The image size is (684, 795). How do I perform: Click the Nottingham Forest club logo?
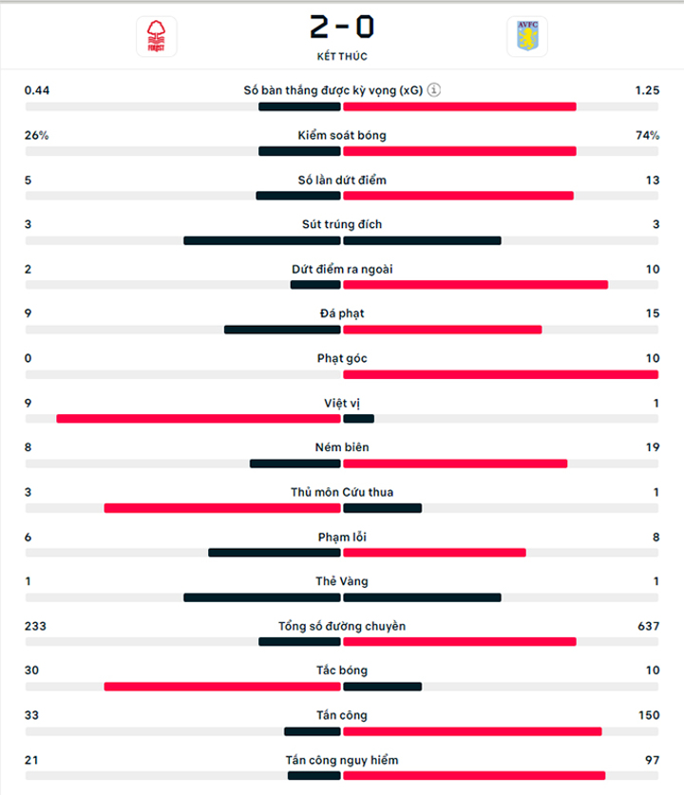tap(156, 36)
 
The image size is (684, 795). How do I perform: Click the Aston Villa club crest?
tap(527, 36)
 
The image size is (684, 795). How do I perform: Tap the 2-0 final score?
tap(342, 27)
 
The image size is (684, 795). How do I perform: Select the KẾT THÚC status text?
tap(342, 56)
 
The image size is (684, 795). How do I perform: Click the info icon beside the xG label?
tap(433, 89)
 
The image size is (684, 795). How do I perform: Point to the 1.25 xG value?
tap(648, 90)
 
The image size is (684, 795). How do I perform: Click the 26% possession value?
tap(36, 136)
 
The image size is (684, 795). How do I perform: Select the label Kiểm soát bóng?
tap(342, 136)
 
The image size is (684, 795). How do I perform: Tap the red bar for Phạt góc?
tap(501, 374)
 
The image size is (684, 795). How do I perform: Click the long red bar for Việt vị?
tap(199, 419)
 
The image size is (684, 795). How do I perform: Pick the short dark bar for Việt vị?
tap(358, 419)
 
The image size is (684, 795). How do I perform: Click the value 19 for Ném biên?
tap(653, 447)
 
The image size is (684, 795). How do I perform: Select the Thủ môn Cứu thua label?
tap(342, 492)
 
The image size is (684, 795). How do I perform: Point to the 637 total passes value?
tap(649, 626)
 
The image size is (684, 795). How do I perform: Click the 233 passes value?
tap(35, 626)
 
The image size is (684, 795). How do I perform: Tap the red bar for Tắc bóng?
tap(222, 687)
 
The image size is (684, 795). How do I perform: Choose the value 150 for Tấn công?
tap(649, 715)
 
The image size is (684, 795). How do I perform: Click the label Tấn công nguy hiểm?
tap(342, 760)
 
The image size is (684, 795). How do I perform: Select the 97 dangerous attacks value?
tap(652, 760)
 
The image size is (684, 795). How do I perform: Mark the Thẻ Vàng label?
tap(342, 581)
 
